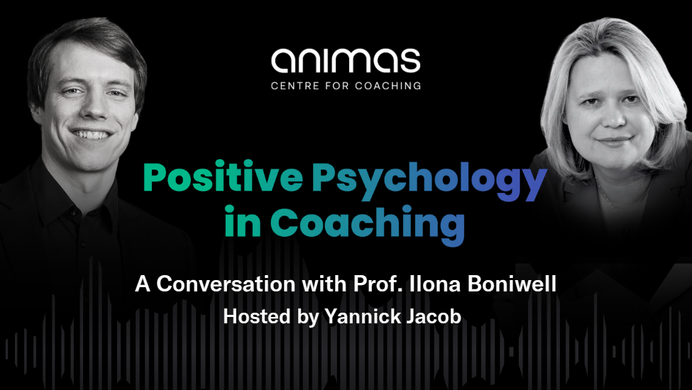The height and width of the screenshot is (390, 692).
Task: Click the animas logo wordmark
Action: [346, 61]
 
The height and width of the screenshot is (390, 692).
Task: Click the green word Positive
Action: [223, 177]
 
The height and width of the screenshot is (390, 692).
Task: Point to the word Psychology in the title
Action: [429, 181]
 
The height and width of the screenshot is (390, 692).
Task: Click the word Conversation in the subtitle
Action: [226, 284]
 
